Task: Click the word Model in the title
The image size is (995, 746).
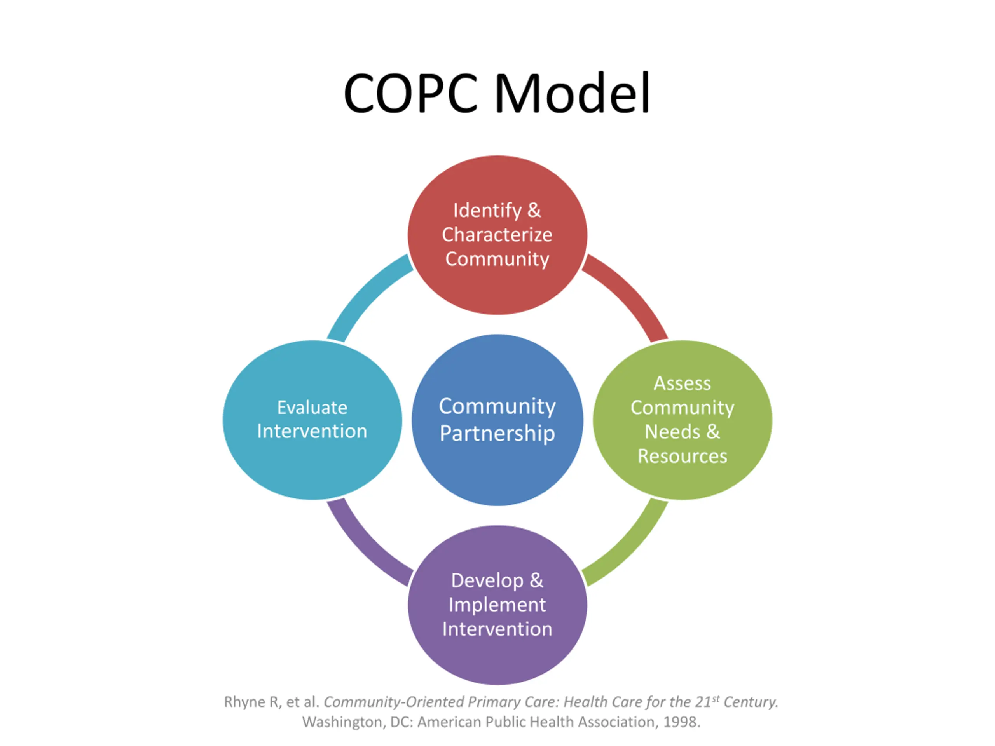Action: pos(572,94)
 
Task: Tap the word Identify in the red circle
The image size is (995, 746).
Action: pos(487,211)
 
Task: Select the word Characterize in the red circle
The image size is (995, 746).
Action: pos(497,235)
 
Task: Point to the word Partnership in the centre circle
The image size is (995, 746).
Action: pos(497,434)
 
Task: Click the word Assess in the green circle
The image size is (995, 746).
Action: pos(682,383)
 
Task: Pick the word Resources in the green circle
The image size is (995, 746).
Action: pos(682,457)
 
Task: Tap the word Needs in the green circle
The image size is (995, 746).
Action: pos(672,432)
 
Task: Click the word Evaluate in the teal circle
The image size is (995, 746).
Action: pos(312,408)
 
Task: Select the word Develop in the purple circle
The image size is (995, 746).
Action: pos(487,580)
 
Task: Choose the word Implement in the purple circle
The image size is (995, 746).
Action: pos(497,605)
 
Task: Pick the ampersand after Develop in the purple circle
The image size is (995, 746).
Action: pos(536,580)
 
